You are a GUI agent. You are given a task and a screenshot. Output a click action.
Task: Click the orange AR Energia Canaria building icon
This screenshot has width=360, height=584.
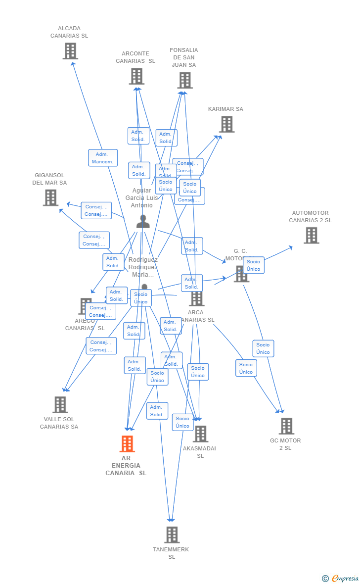(127, 444)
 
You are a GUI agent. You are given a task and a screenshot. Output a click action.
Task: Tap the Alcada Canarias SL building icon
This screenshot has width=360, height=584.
(70, 51)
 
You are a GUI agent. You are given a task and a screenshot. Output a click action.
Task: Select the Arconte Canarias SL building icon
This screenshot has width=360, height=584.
(136, 76)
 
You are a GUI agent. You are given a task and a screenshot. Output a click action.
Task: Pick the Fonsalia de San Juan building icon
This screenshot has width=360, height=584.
(185, 80)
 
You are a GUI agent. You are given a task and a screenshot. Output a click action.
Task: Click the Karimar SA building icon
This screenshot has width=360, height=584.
(226, 124)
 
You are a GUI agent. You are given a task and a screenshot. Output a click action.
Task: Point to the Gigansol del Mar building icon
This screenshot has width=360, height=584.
(50, 197)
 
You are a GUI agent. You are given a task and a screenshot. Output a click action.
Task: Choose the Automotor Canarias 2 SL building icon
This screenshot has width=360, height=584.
(311, 235)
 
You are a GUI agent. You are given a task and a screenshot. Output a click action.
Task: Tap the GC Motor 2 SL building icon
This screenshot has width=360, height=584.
(286, 426)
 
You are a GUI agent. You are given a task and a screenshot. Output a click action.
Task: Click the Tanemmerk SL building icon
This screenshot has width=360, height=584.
(172, 535)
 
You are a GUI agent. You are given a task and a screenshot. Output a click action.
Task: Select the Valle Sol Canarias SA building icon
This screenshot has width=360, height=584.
(60, 405)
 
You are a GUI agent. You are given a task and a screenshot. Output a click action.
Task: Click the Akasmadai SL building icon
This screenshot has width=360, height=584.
(200, 434)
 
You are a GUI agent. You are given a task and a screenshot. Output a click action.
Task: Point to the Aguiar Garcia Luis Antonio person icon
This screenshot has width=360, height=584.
(142, 222)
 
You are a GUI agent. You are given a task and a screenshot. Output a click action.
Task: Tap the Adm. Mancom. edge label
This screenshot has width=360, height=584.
(103, 158)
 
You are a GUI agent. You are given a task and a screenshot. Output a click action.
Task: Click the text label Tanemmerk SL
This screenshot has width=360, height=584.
(171, 553)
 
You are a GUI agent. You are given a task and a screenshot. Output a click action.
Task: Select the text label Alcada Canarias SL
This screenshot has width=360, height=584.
(69, 32)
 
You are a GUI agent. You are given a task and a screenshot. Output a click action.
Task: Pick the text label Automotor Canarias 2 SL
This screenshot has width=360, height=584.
(311, 217)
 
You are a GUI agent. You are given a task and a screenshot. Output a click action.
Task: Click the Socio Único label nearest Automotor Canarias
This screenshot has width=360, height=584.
(254, 265)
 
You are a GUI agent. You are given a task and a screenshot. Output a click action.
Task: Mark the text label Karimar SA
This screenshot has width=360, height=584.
(225, 109)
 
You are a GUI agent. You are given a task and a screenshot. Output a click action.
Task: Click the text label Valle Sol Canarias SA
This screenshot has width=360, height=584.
(59, 423)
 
